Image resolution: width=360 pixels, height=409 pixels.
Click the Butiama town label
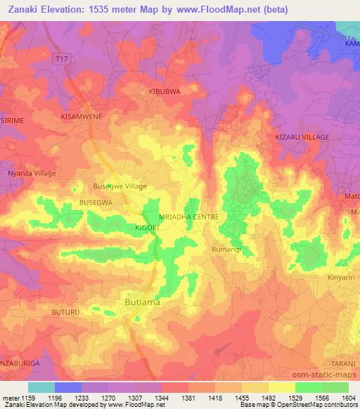pos(142,301)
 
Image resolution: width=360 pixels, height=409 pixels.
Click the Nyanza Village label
pos(32,173)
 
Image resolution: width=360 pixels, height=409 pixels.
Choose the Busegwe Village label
pos(120,186)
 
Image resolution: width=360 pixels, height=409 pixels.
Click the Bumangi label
pos(226,249)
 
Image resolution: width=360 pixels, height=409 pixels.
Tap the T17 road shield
pos(63,62)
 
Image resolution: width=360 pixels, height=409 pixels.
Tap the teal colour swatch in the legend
pos(41,387)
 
